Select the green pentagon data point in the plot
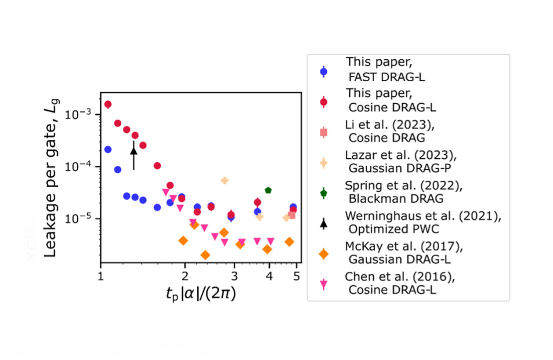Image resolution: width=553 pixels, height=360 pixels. [x=268, y=190]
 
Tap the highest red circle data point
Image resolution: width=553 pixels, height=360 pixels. [x=108, y=104]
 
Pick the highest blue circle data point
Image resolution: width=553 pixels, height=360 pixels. [x=108, y=149]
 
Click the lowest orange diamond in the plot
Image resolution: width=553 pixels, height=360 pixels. [x=205, y=255]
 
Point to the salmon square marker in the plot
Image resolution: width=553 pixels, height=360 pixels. [x=292, y=215]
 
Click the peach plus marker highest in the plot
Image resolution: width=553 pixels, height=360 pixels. [x=224, y=180]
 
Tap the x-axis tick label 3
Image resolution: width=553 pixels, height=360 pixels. [x=234, y=276]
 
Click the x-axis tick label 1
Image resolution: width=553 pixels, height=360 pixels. [x=101, y=276]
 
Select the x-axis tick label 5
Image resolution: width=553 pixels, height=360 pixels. [x=296, y=276]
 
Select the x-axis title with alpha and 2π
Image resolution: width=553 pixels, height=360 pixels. [x=201, y=294]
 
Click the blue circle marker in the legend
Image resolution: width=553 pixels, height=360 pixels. [x=323, y=72]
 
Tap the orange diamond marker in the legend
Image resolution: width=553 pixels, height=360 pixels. [x=323, y=254]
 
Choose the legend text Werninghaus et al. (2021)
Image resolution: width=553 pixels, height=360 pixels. [x=423, y=216]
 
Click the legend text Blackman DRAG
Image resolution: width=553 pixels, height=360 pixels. [x=396, y=199]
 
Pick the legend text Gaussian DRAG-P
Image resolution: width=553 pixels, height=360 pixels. [x=400, y=168]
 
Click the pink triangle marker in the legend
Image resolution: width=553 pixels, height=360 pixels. [x=323, y=284]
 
